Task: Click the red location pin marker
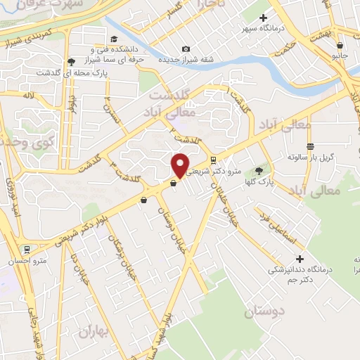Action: (x=181, y=165)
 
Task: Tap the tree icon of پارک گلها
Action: (x=258, y=170)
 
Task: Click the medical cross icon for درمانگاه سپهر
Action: (x=264, y=18)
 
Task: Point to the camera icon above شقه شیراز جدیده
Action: (x=186, y=49)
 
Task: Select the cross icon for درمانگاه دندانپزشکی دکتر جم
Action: (x=300, y=258)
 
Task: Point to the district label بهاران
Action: (x=95, y=330)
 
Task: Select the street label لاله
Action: (x=28, y=95)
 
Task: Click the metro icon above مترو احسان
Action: (x=27, y=248)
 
